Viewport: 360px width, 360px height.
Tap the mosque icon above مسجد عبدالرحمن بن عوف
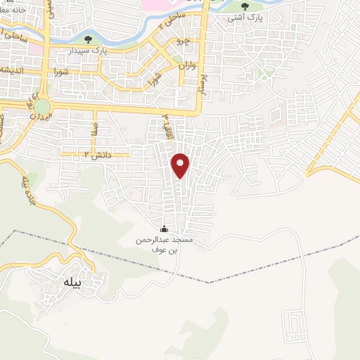165,229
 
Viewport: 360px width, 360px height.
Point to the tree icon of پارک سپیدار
88,39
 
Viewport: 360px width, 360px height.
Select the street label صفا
94,129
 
